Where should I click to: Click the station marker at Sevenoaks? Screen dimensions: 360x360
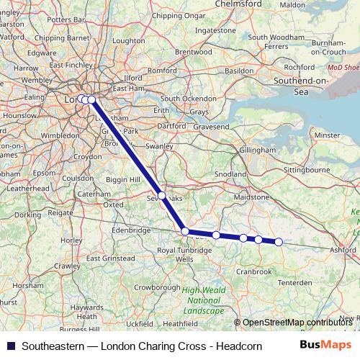pyautogui.click(x=162, y=195)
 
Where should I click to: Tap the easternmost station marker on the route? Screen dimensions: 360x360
pyautogui.click(x=279, y=242)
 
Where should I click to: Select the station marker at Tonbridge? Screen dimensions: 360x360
pyautogui.click(x=185, y=231)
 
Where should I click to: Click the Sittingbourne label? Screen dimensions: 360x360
pyautogui.click(x=293, y=171)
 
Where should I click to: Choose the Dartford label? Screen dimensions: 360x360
pyautogui.click(x=171, y=125)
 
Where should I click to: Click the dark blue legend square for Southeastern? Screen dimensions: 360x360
pyautogui.click(x=10, y=346)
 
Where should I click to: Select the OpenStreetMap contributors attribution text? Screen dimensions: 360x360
pyautogui.click(x=296, y=323)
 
